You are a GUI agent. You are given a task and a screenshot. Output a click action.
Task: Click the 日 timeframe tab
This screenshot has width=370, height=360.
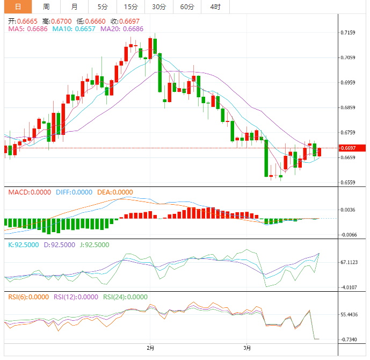tap(18, 7)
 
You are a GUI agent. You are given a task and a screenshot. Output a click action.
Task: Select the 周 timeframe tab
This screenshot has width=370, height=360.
tap(46, 7)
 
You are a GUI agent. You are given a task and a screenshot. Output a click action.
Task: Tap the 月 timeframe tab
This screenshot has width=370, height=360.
tap(74, 7)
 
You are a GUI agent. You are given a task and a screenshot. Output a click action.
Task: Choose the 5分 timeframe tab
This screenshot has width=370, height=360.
tap(102, 7)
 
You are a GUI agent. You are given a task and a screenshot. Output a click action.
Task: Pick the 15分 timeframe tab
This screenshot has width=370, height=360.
tap(130, 7)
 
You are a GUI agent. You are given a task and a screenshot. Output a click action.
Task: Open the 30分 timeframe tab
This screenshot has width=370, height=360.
tap(159, 7)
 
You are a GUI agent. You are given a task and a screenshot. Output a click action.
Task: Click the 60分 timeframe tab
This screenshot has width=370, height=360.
tap(187, 7)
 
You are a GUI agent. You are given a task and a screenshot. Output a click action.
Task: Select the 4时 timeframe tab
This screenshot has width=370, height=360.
tap(215, 7)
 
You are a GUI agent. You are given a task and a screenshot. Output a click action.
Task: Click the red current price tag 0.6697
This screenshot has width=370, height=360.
tap(351, 148)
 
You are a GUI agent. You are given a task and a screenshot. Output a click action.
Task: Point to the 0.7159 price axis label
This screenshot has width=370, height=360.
tap(348, 33)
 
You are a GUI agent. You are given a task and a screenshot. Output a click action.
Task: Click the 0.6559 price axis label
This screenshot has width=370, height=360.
tap(348, 183)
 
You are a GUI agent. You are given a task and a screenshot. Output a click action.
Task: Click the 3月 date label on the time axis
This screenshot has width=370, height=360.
tap(246, 348)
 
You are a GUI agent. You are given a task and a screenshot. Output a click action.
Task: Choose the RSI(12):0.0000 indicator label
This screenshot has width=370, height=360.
tap(75, 297)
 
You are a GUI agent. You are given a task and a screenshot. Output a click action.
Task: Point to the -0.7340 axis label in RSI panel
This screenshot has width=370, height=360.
tap(350, 340)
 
